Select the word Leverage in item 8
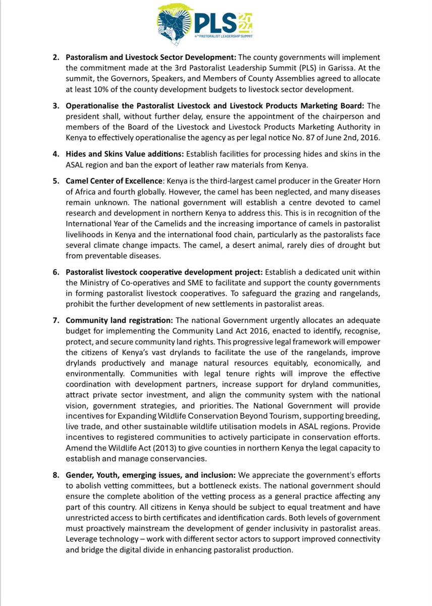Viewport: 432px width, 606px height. pyautogui.click(x=82, y=538)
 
